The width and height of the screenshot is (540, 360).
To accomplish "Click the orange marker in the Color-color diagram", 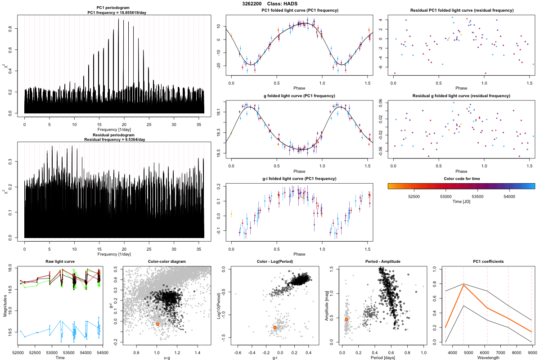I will point(157,324).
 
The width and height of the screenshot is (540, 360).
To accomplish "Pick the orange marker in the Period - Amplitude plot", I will point(346,319).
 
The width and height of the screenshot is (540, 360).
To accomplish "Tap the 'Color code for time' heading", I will point(461,179).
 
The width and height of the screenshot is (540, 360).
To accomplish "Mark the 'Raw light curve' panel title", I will point(60,261).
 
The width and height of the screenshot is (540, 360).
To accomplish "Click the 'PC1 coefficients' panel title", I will point(488,261).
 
